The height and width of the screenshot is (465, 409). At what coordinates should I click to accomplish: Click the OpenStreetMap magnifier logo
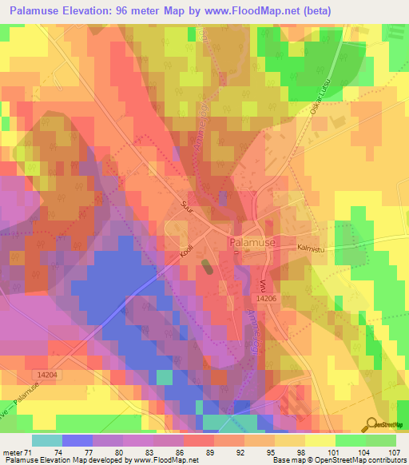(372, 423)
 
